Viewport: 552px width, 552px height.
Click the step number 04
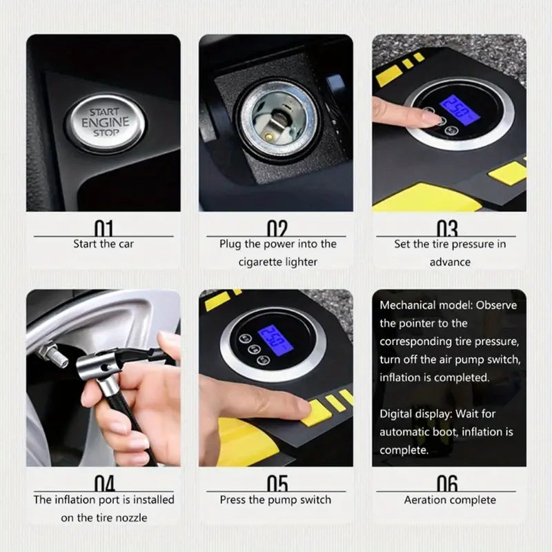(103, 482)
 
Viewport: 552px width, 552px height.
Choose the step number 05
(276, 482)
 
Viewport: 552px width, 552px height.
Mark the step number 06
(448, 482)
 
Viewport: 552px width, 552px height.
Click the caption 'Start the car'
(103, 244)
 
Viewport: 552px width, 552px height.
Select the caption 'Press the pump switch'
(276, 500)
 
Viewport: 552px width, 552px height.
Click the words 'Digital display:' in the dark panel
(412, 414)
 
